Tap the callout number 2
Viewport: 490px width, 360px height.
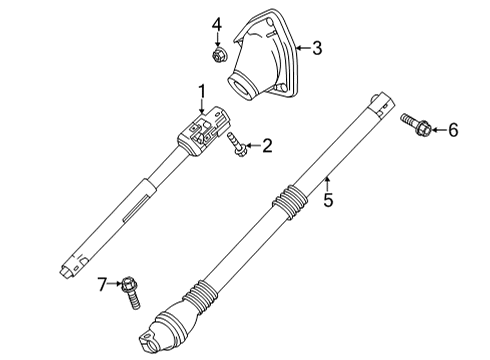(x=267, y=147)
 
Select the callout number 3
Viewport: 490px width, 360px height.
(x=317, y=47)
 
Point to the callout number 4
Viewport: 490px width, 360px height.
(x=216, y=22)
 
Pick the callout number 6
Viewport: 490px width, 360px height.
(x=452, y=129)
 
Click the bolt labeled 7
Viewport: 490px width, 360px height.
(x=132, y=292)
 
